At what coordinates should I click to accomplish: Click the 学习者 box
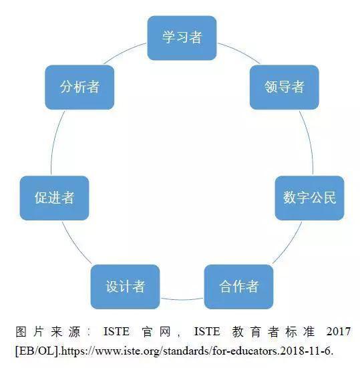[x=182, y=38]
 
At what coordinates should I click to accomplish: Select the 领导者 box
[x=285, y=87]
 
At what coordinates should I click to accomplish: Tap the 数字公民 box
[x=309, y=198]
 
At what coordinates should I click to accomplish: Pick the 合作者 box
[x=238, y=287]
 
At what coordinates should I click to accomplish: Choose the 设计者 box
[x=125, y=287]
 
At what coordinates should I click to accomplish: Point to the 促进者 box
[x=55, y=198]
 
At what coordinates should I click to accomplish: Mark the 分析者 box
[x=79, y=87]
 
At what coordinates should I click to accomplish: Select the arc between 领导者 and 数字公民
[x=309, y=141]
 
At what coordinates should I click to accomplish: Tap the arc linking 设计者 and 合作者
[x=182, y=300]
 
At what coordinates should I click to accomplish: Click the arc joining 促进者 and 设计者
[x=75, y=244]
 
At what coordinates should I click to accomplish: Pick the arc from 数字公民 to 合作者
[x=289, y=244]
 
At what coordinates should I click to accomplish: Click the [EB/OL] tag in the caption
[x=37, y=351]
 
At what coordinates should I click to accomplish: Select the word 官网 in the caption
[x=156, y=332]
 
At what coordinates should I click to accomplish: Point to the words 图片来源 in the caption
[x=48, y=332]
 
